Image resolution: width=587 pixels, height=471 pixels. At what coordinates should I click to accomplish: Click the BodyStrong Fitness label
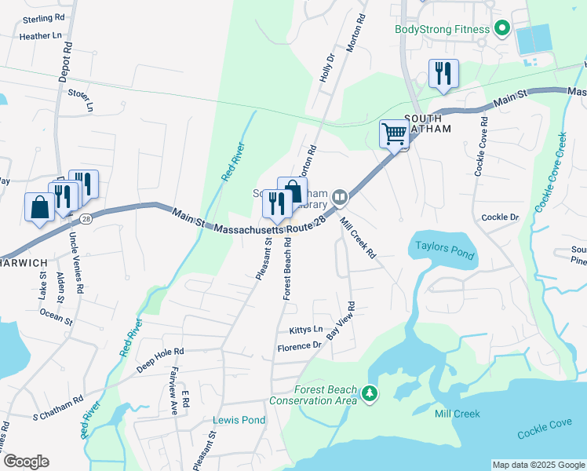(442, 30)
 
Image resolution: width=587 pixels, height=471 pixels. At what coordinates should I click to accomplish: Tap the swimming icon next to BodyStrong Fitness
(502, 30)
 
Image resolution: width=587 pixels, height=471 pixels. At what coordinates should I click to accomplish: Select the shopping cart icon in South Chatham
(393, 133)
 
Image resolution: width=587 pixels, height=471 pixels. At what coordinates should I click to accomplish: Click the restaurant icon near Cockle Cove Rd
(443, 75)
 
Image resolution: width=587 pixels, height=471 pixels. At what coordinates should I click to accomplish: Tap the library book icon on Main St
(339, 196)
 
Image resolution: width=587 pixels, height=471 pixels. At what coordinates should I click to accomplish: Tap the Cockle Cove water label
(543, 429)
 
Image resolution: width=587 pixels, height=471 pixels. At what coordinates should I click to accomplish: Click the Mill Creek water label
(458, 413)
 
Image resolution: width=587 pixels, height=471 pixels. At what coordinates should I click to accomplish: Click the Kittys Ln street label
(306, 330)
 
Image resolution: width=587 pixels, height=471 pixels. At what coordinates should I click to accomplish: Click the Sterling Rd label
(44, 17)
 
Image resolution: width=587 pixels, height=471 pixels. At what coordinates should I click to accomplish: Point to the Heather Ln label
(40, 36)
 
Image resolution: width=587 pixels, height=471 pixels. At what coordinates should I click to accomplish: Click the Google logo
(26, 462)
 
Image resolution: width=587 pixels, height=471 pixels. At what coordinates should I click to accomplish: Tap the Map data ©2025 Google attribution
(538, 465)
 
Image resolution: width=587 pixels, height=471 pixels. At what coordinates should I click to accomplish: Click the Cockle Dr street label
(500, 217)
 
